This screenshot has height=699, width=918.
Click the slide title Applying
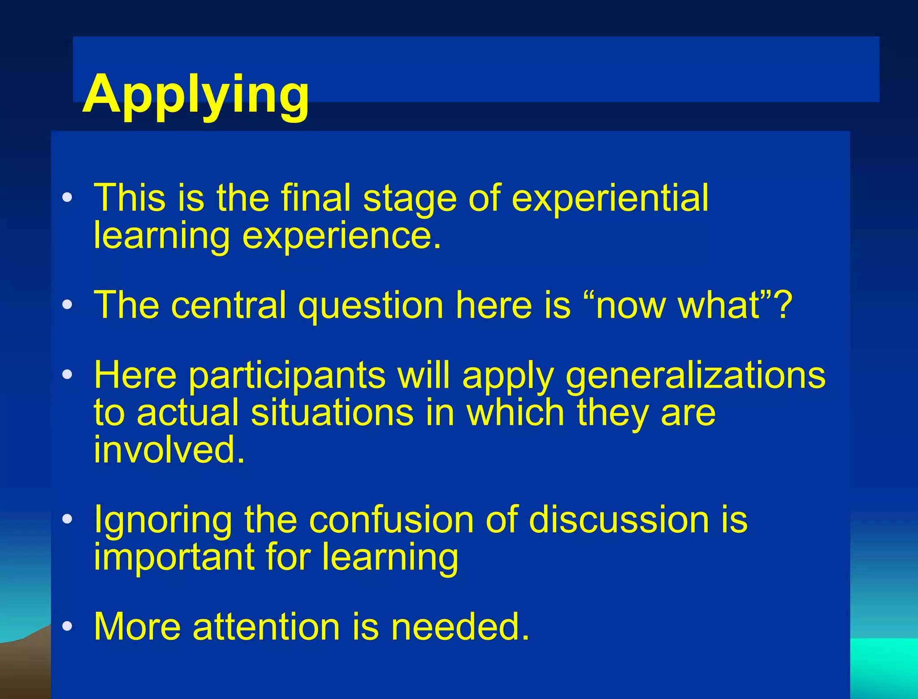click(195, 95)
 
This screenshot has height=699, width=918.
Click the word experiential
click(610, 198)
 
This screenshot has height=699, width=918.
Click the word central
click(228, 305)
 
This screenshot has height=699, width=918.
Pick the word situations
click(332, 413)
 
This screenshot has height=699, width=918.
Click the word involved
click(169, 449)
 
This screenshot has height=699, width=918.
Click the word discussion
click(619, 520)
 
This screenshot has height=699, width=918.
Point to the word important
click(173, 558)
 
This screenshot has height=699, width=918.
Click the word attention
click(266, 626)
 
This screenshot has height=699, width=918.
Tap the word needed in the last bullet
click(460, 626)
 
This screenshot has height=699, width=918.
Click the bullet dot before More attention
click(67, 626)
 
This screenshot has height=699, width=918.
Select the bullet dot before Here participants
click(67, 375)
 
